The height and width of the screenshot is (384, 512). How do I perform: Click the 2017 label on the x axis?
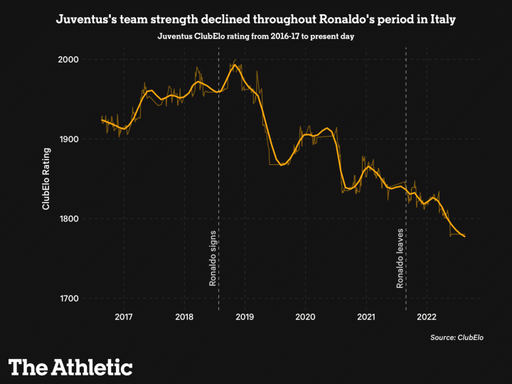click(x=124, y=316)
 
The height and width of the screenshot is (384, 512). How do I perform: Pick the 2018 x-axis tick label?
click(x=184, y=316)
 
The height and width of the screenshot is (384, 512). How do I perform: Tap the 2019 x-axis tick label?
click(x=245, y=316)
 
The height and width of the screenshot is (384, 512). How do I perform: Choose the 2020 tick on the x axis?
click(x=306, y=316)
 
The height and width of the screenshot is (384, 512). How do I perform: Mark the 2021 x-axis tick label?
click(x=366, y=316)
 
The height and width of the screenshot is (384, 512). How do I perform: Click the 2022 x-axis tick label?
click(x=427, y=316)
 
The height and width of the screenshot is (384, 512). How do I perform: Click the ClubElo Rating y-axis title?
click(x=46, y=179)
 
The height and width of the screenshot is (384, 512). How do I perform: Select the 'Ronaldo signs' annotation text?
click(x=213, y=257)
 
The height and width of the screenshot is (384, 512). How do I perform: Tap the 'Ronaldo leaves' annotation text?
click(x=400, y=257)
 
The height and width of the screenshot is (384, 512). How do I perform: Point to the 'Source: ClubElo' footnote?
click(x=457, y=337)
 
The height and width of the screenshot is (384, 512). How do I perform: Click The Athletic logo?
click(x=70, y=367)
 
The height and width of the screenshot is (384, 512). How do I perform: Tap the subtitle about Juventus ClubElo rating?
click(x=256, y=36)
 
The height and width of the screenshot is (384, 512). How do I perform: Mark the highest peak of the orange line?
click(x=235, y=65)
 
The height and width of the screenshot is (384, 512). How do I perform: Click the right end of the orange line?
click(x=465, y=237)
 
